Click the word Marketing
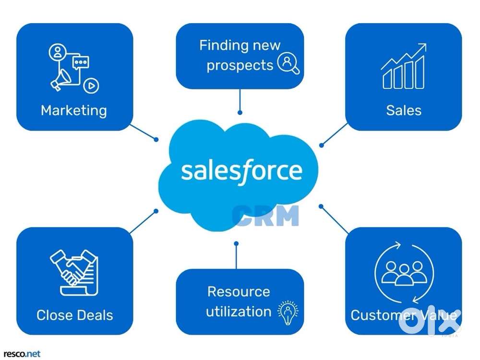(73, 110)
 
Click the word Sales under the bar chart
(404, 110)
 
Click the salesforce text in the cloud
(241, 170)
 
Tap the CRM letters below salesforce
(265, 216)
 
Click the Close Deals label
(75, 315)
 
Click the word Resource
(239, 291)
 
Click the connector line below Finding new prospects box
(240, 101)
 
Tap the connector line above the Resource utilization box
(236, 256)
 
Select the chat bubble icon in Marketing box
(80, 62)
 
